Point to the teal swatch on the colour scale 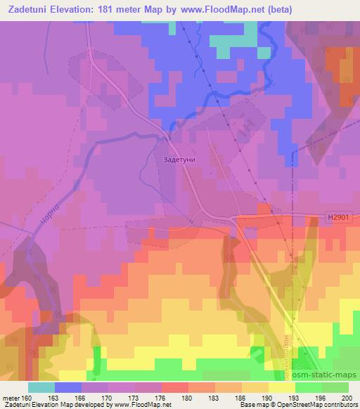coord(41,387)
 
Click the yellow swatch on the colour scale coord(281,387)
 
